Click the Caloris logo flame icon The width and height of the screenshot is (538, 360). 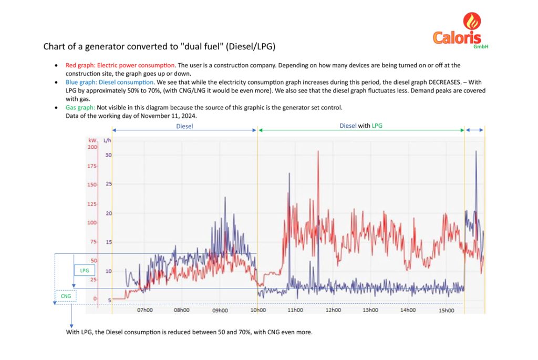[471, 23]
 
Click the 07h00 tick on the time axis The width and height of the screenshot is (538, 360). [145, 310]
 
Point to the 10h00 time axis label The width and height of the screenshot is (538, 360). [257, 310]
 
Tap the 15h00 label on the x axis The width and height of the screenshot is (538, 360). [446, 310]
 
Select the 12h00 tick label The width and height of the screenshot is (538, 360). [333, 310]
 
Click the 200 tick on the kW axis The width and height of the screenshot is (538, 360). [92, 147]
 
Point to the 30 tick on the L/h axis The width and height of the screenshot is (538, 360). [109, 155]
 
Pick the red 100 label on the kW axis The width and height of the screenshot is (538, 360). [92, 223]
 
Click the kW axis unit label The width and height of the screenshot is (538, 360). [92, 140]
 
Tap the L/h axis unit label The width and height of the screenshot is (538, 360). [108, 140]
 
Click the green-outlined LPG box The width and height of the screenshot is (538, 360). [84, 270]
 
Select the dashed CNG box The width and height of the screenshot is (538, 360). [66, 296]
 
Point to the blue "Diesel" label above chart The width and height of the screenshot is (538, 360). [184, 126]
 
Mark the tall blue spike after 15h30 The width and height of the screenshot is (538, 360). [476, 152]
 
